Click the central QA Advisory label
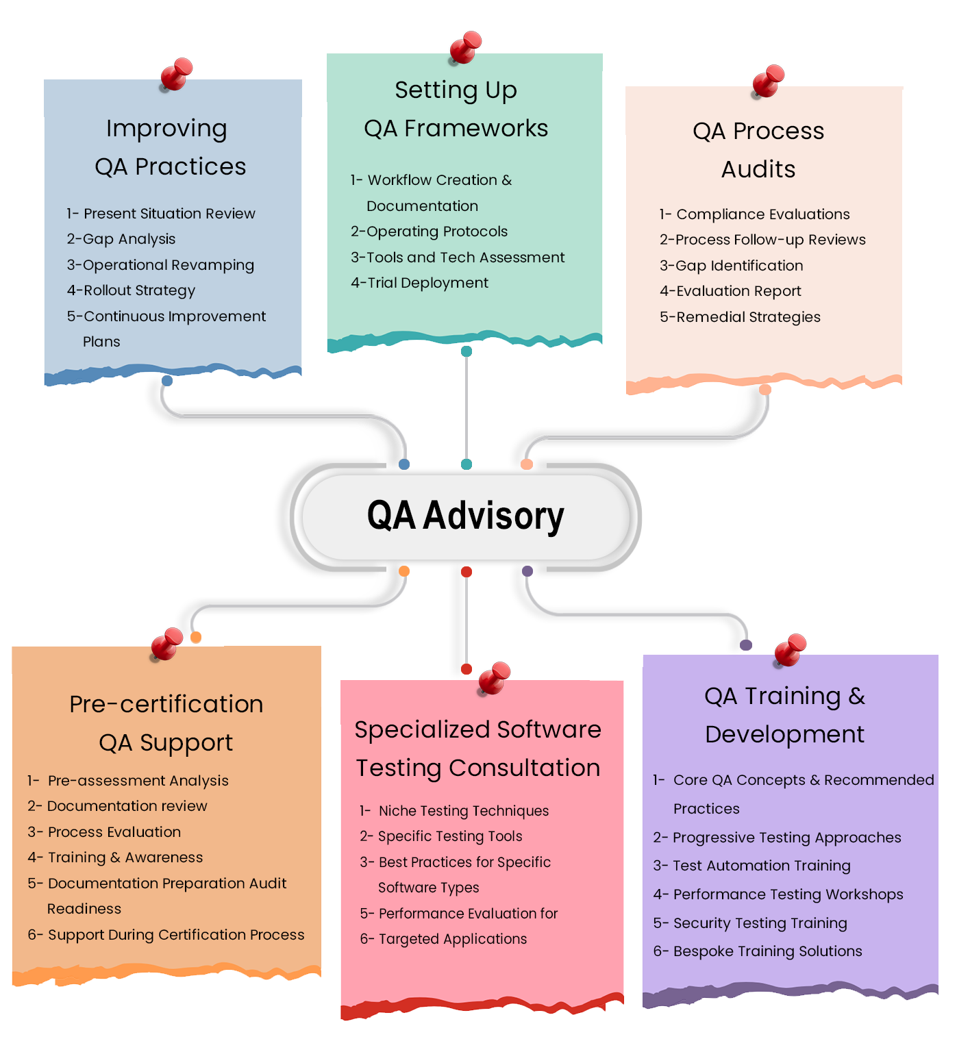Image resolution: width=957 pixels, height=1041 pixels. [x=465, y=516]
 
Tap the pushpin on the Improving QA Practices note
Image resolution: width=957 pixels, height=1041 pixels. [x=177, y=73]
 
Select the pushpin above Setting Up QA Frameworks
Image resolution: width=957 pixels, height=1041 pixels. [x=465, y=47]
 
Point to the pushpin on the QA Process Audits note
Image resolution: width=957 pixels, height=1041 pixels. [x=768, y=80]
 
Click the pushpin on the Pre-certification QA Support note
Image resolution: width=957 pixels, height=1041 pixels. [x=166, y=643]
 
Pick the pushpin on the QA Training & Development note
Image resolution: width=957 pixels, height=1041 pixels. [x=790, y=649]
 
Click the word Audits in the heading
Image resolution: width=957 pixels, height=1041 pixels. [x=758, y=169]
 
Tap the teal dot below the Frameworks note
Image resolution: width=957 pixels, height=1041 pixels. [x=467, y=351]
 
